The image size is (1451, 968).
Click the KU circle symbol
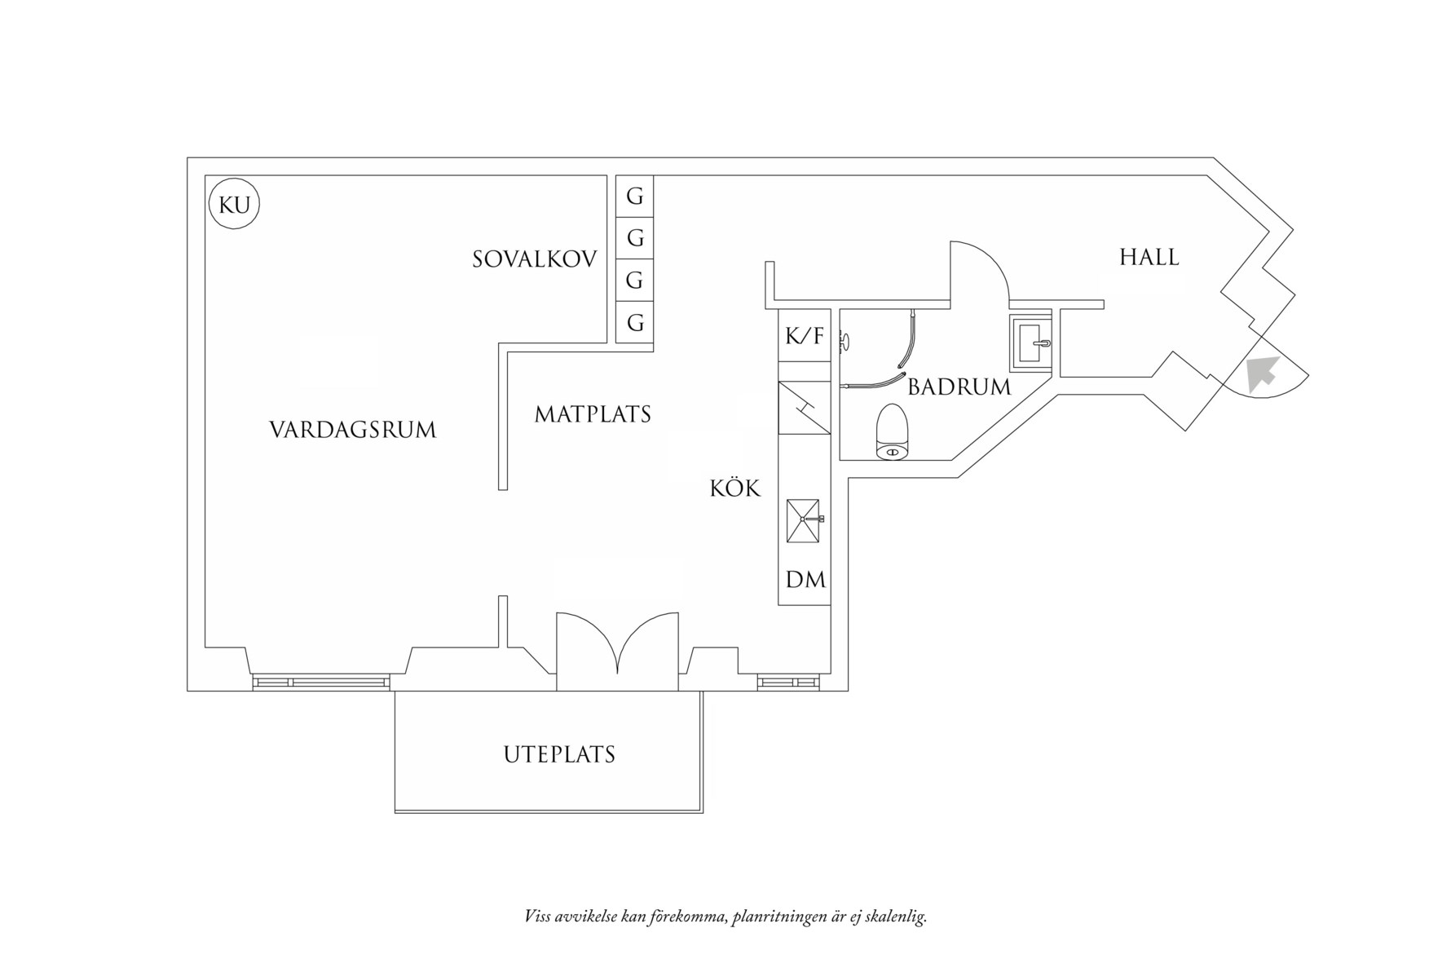click(x=235, y=205)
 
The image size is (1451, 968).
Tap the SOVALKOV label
click(x=535, y=259)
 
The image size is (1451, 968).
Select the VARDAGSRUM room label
click(x=352, y=430)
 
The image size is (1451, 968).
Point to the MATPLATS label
click(x=593, y=414)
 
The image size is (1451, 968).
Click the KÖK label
click(x=734, y=488)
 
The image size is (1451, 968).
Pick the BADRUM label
click(x=959, y=387)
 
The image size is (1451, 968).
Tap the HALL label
click(x=1149, y=257)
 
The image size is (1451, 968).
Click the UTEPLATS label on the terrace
click(x=559, y=754)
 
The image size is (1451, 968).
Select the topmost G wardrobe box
click(x=634, y=197)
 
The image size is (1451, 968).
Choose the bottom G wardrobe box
click(x=634, y=323)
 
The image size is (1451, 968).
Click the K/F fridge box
click(x=804, y=335)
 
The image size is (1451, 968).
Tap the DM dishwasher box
click(x=805, y=580)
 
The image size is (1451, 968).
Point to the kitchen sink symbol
click(x=804, y=520)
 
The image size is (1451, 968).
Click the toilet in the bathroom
click(x=892, y=431)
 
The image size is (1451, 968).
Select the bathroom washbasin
click(x=1031, y=342)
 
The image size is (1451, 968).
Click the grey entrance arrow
click(x=1262, y=373)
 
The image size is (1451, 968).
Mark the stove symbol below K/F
click(x=804, y=408)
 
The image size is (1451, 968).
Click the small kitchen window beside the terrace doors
click(x=787, y=682)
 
